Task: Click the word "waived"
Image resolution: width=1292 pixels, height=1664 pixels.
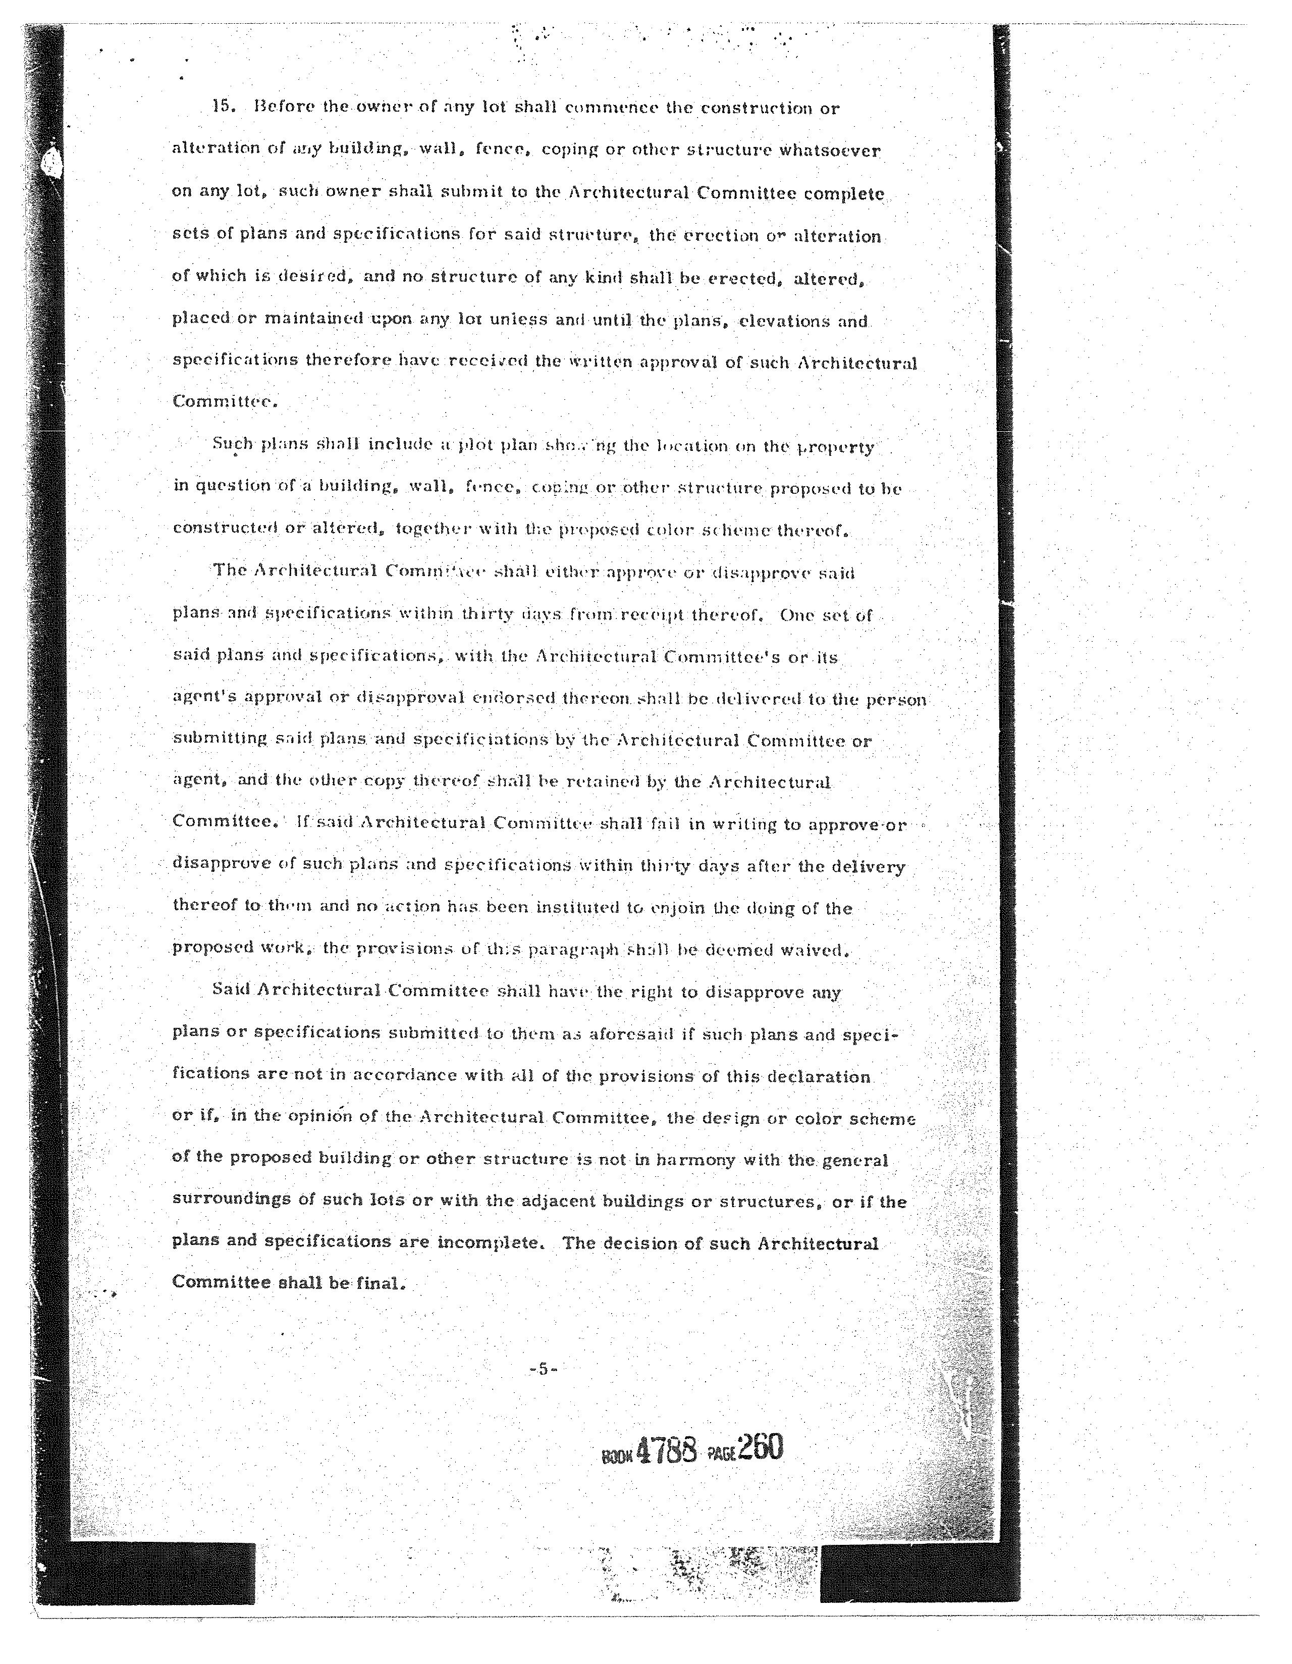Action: click(x=815, y=950)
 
